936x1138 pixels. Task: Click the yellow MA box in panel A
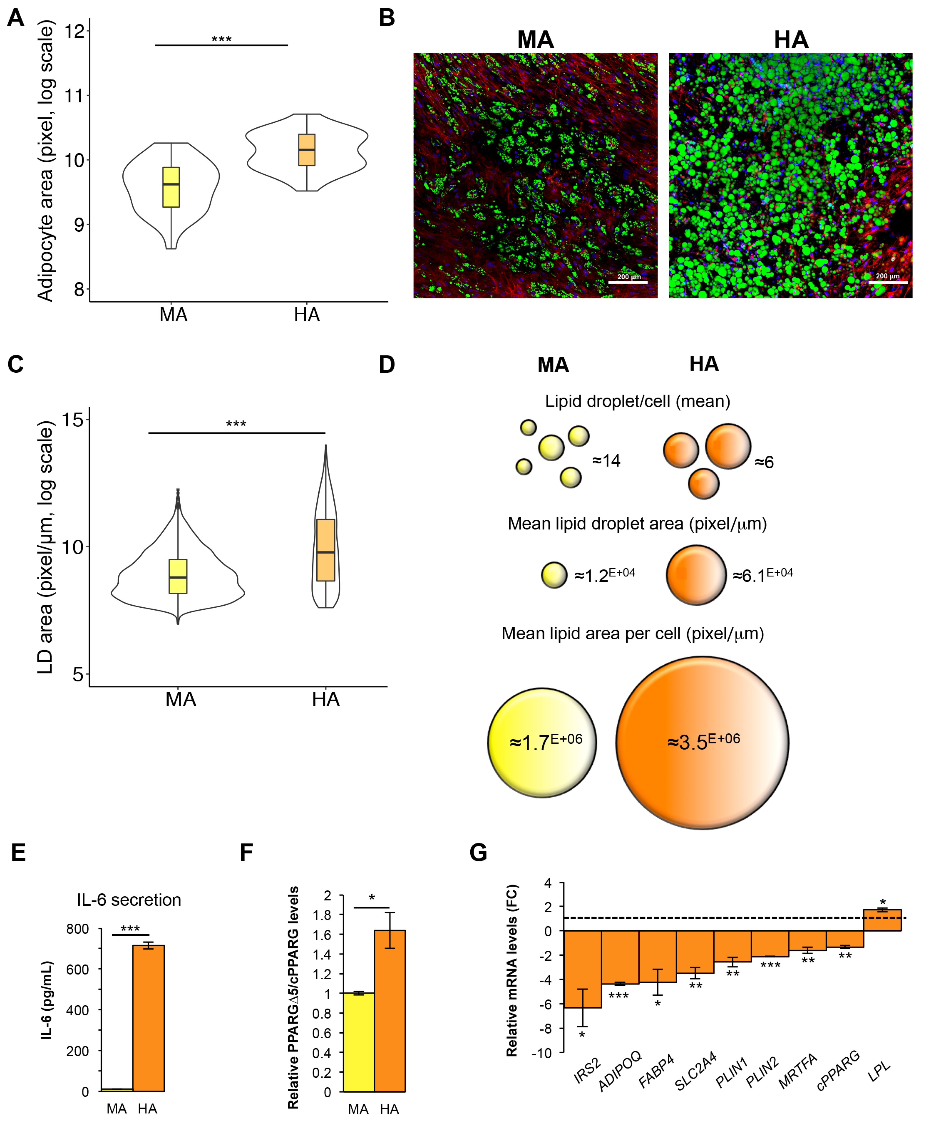click(x=171, y=187)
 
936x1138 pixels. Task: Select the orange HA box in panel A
click(x=307, y=150)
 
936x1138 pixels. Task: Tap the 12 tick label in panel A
click(x=74, y=31)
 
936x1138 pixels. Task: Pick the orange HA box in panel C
click(x=326, y=550)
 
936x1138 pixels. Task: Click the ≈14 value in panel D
click(x=606, y=461)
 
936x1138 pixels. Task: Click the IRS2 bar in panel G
click(x=582, y=969)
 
